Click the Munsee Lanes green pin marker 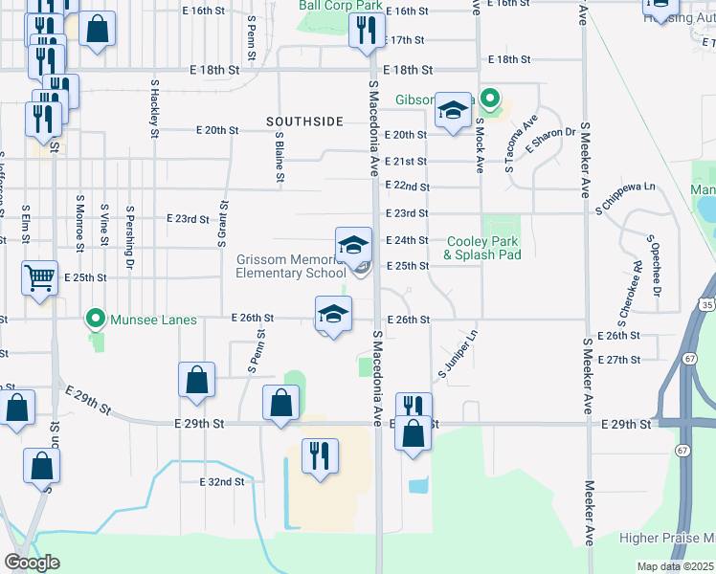pos(95,318)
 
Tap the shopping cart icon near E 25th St pos(40,278)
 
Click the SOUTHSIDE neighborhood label pos(304,121)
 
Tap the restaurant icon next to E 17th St pos(364,32)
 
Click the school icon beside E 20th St pos(452,111)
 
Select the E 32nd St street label pos(222,482)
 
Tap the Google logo pos(33,563)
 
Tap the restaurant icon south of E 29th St pos(319,455)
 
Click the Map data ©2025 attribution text pos(676,566)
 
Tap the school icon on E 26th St pos(333,314)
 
